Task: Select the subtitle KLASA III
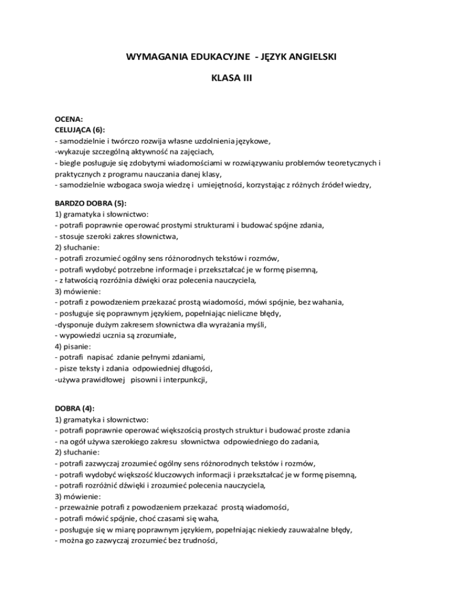point(231,79)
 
